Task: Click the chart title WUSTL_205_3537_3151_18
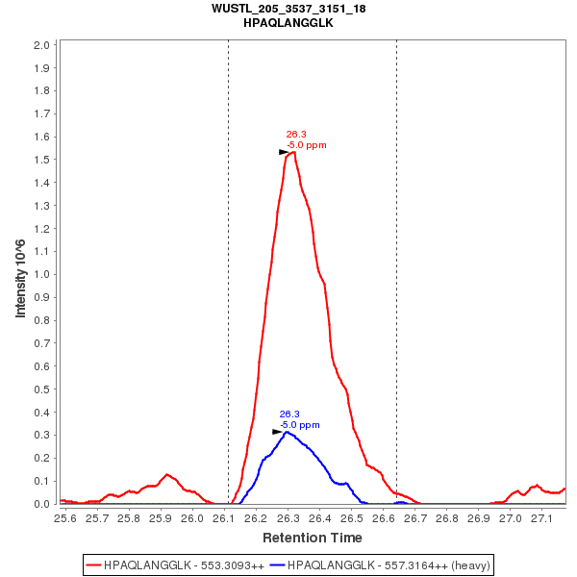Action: coord(288,9)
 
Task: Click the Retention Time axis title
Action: coord(313,538)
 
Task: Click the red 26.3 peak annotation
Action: coord(296,135)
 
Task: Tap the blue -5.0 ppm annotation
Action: coord(300,424)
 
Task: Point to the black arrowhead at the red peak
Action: coord(284,152)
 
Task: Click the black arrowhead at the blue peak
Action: coord(277,432)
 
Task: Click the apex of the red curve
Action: coord(292,151)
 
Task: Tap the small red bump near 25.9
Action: coord(167,474)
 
